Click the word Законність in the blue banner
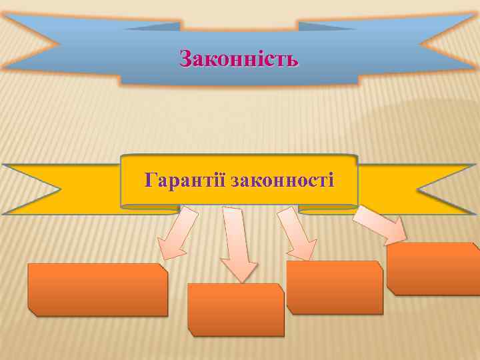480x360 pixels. pos(239,59)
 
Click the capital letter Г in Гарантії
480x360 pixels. pos(151,179)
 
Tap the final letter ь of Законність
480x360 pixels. pos(293,60)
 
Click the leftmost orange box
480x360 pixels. pos(97,289)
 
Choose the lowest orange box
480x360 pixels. pos(236,309)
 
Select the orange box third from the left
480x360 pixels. pos(335,287)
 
